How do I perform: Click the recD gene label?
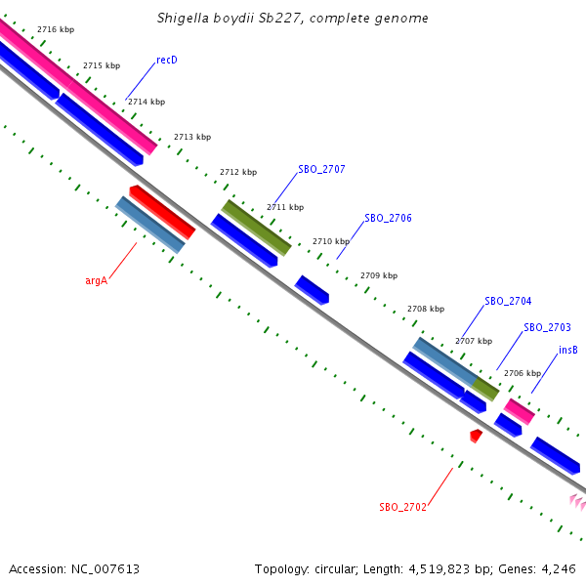click(167, 61)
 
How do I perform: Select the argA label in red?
click(96, 280)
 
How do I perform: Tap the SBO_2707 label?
click(321, 170)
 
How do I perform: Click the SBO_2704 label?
click(508, 301)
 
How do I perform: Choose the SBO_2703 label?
click(547, 328)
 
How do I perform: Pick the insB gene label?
click(567, 351)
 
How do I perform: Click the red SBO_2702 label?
click(402, 508)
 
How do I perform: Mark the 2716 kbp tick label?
click(55, 30)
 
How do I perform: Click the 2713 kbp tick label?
click(192, 138)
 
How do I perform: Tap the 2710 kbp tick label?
click(331, 241)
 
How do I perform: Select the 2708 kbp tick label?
click(426, 310)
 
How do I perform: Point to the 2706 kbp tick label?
click(522, 373)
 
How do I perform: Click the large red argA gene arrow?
click(162, 212)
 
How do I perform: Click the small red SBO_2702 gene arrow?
click(476, 435)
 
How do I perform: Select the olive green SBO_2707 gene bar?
click(256, 227)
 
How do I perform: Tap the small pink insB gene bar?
click(519, 411)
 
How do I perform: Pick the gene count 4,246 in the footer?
click(557, 568)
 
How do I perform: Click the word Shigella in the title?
click(183, 19)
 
